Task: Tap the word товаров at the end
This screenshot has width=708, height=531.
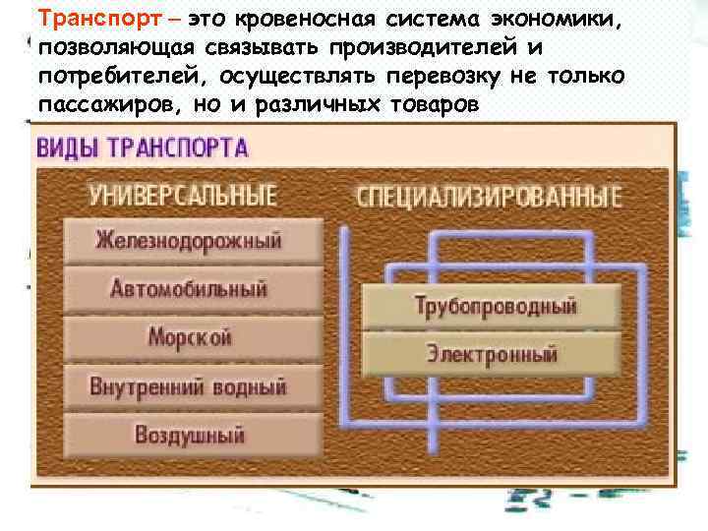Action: click(x=430, y=104)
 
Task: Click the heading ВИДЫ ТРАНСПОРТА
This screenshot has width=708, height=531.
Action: click(x=144, y=148)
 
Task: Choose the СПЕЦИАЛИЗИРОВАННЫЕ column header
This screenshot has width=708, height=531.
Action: click(x=489, y=195)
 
